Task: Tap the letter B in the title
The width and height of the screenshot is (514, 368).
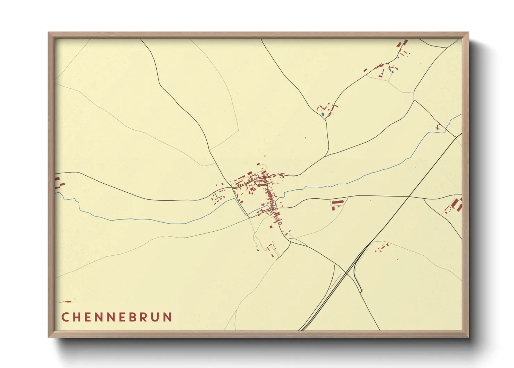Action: (133, 317)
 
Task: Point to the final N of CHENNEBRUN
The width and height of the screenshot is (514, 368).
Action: (168, 317)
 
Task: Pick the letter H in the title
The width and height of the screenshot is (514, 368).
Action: (77, 317)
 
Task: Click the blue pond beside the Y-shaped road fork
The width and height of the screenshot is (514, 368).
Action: (323, 114)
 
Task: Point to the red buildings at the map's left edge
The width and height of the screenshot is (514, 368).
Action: (58, 183)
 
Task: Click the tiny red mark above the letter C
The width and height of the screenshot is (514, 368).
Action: (67, 302)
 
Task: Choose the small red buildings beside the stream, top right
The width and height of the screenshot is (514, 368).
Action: (438, 127)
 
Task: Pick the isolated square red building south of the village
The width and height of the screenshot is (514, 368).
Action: (271, 227)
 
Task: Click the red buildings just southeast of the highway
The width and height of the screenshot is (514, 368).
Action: (382, 248)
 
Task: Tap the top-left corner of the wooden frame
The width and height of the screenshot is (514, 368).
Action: (49, 33)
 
